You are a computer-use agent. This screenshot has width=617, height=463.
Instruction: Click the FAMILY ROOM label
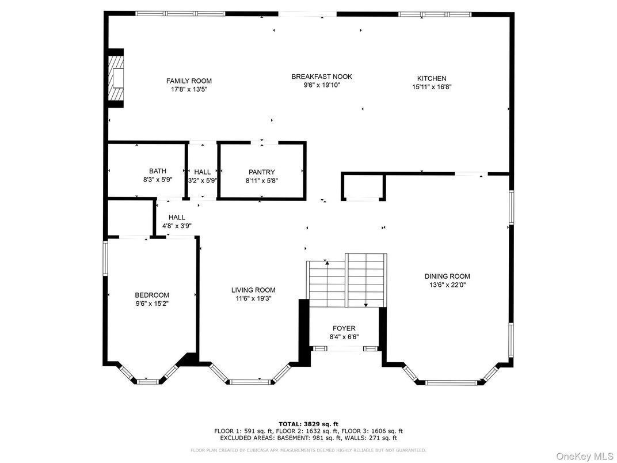(x=189, y=81)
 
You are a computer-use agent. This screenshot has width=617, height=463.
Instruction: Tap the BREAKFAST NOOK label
(x=322, y=77)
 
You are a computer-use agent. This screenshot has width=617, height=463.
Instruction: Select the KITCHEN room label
(x=432, y=78)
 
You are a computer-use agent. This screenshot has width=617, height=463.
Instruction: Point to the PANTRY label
(x=262, y=172)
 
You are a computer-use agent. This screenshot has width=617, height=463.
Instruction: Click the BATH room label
(x=158, y=171)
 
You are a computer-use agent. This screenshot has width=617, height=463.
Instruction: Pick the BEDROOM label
(x=152, y=295)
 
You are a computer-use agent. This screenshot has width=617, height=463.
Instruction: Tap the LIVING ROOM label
(x=253, y=290)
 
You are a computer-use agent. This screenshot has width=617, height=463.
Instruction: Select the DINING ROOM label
(x=447, y=276)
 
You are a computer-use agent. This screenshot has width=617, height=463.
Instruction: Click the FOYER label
(x=344, y=328)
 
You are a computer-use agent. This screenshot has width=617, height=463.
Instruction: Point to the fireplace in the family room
(x=117, y=78)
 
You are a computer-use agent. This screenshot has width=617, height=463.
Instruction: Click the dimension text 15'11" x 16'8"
(x=432, y=88)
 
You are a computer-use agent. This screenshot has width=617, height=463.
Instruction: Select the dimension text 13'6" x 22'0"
(x=447, y=285)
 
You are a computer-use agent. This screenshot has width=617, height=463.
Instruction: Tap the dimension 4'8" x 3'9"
(x=177, y=226)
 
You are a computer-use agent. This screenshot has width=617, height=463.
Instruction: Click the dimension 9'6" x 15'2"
(x=152, y=303)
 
